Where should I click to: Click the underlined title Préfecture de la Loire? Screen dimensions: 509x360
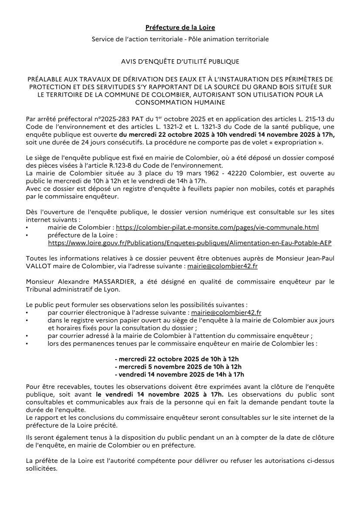pos(180,27)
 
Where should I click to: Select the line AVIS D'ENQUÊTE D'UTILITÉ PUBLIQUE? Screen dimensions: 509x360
pos(180,62)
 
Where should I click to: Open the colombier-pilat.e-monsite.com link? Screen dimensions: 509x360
pos(217,227)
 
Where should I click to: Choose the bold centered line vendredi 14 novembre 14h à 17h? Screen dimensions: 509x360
pos(180,374)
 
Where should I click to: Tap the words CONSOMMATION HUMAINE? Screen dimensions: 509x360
pos(180,102)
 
